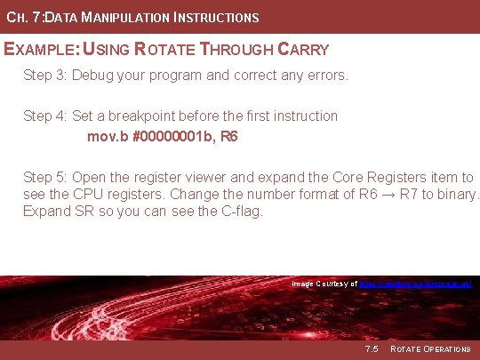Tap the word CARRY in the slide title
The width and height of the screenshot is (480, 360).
(300, 50)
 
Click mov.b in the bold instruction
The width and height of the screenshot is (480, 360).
(106, 137)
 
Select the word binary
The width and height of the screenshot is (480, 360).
(454, 195)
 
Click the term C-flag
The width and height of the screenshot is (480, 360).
(240, 212)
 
